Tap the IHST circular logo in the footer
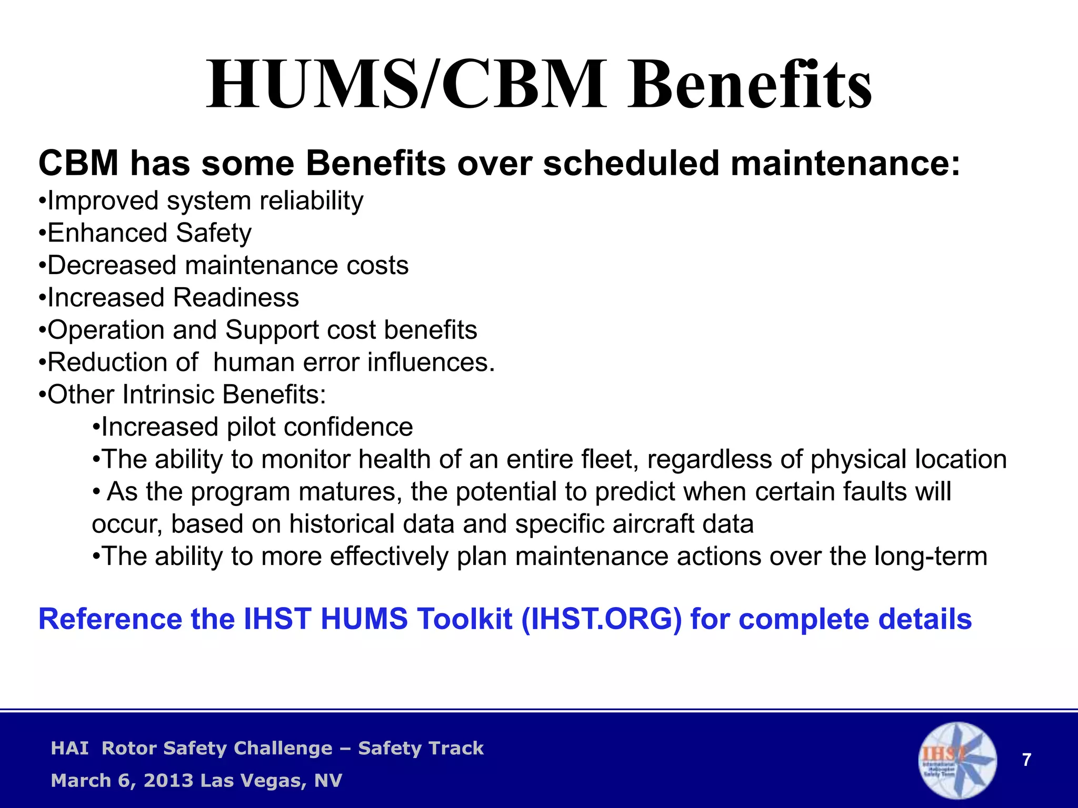[x=957, y=761]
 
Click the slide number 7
[x=1026, y=760]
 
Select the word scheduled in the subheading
[x=631, y=163]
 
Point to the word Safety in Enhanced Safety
[x=214, y=233]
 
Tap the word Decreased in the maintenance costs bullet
[x=112, y=265]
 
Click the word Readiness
[x=236, y=298]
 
